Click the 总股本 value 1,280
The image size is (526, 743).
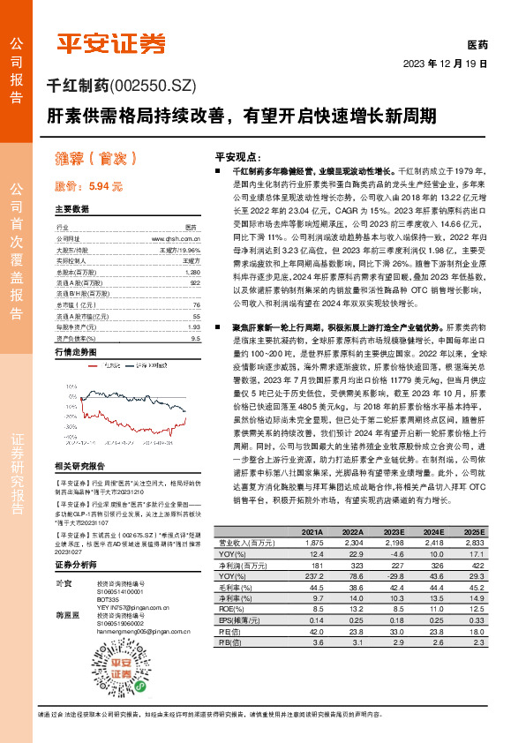195,273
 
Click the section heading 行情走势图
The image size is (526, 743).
75,350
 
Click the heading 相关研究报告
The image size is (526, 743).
79,465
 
